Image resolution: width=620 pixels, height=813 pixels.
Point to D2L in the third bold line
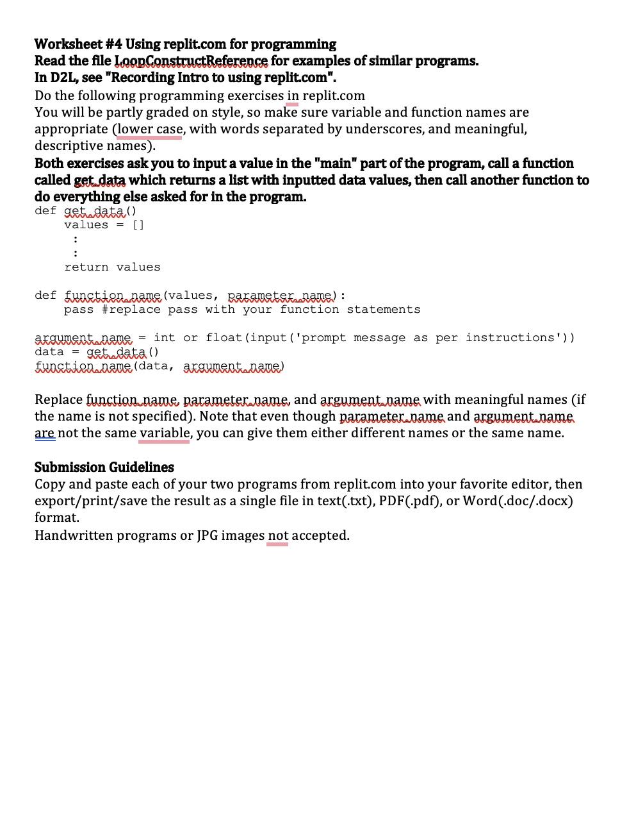(x=65, y=78)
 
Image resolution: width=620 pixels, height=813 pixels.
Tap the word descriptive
(x=70, y=146)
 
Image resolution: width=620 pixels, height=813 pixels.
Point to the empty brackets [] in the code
(x=138, y=225)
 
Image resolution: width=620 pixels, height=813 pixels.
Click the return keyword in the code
(x=86, y=267)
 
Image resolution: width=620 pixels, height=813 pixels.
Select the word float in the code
(x=224, y=338)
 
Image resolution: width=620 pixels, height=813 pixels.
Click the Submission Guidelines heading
(x=104, y=467)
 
